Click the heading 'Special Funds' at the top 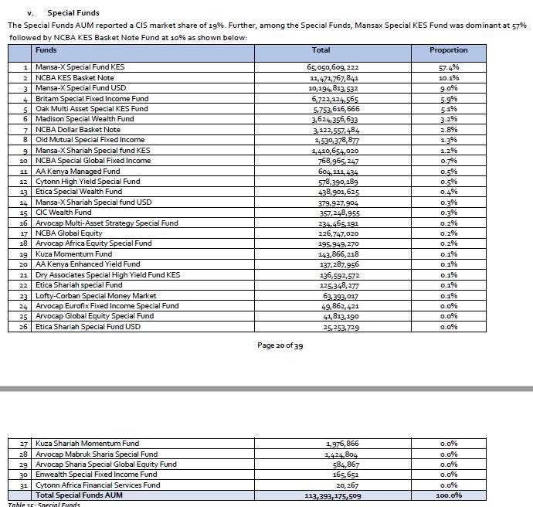[x=73, y=13]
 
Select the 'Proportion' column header [x=448, y=50]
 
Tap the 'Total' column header [x=321, y=50]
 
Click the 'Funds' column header [x=46, y=50]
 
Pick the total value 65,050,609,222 [x=333, y=67]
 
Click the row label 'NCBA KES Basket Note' [x=75, y=78]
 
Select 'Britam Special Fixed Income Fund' [x=92, y=99]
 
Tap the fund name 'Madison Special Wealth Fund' [x=85, y=119]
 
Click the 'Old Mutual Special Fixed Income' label [x=90, y=140]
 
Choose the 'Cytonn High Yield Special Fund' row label [x=88, y=181]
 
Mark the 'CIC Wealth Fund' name [x=63, y=212]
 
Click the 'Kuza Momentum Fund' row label [x=73, y=253]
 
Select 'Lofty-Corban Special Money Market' [x=96, y=295]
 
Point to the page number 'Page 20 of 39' [x=280, y=345]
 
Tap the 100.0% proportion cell [x=448, y=495]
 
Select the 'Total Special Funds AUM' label [x=80, y=495]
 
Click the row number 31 [x=25, y=485]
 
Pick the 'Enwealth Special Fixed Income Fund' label [x=97, y=475]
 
